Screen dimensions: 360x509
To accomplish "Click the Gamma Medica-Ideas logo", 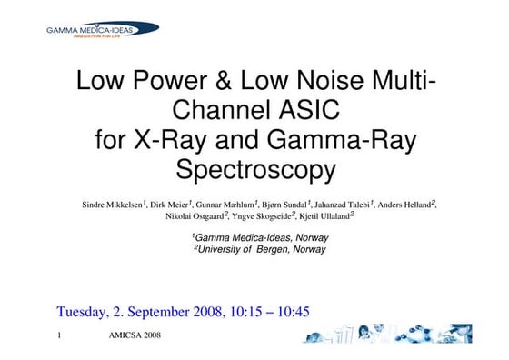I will click(102, 30).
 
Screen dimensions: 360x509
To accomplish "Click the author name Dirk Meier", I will click(171, 205).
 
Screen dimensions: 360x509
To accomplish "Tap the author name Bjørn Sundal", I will click(285, 205).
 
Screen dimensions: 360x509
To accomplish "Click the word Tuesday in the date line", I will click(86, 312).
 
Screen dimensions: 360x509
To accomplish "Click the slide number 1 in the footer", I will click(59, 336).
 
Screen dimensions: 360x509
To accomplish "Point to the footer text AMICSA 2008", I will click(135, 336).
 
